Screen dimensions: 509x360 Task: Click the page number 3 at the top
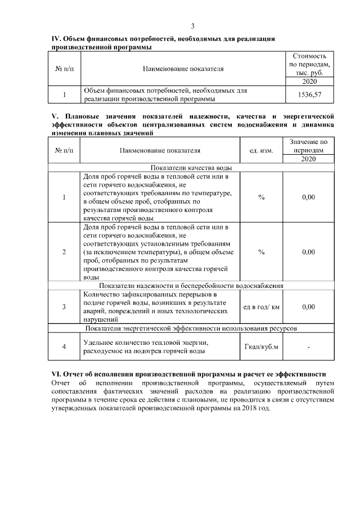(x=192, y=26)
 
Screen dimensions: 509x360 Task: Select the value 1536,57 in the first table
(x=309, y=95)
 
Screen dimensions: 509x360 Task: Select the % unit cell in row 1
(x=261, y=197)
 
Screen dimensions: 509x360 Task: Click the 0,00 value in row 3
(x=308, y=307)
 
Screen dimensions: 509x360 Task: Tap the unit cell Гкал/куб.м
(x=261, y=346)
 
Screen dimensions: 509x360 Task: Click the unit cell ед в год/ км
(x=261, y=307)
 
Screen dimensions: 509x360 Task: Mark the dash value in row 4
(x=308, y=346)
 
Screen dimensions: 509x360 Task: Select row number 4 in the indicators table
(x=64, y=346)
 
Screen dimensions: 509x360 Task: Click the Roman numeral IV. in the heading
(x=56, y=39)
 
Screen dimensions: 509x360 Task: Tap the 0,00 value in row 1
(x=308, y=197)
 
